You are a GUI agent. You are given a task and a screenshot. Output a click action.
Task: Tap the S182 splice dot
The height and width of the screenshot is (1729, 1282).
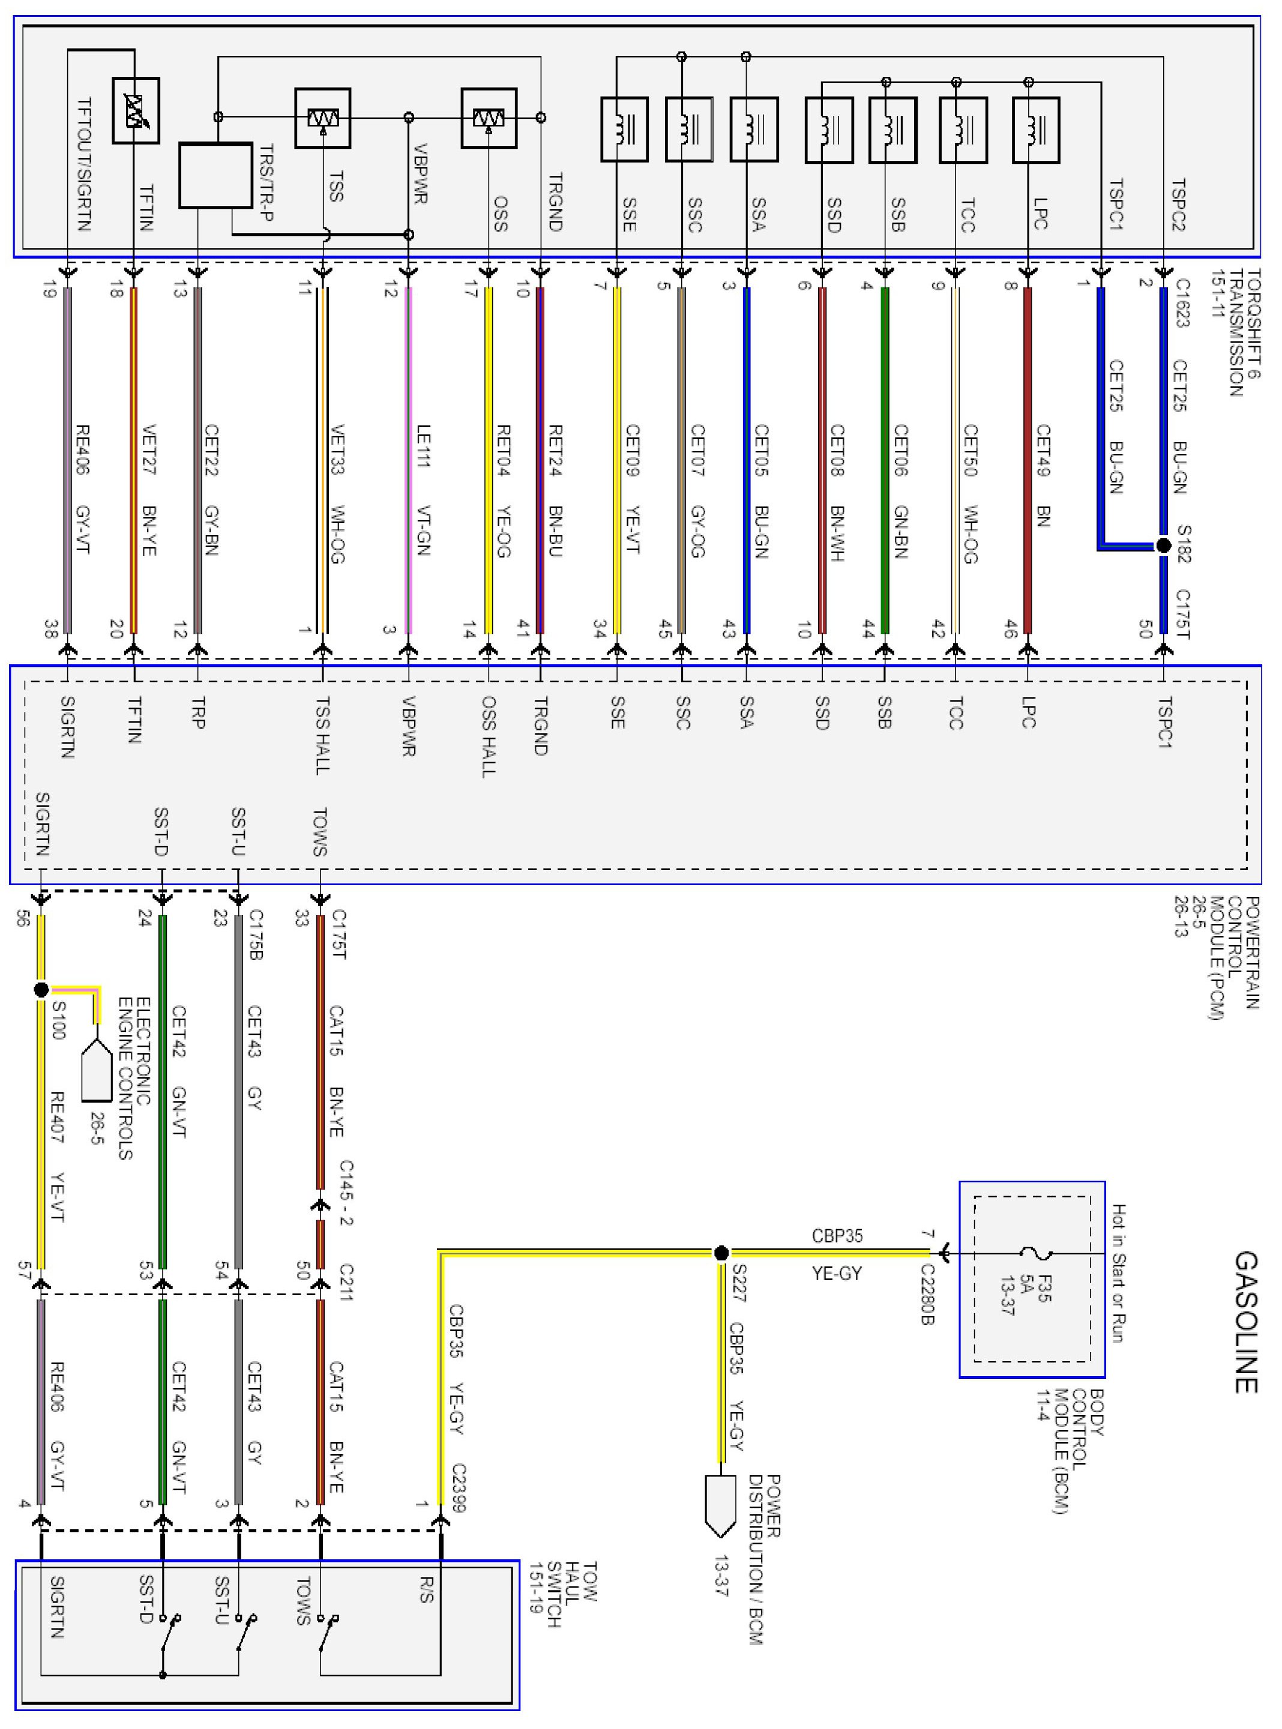click(x=1163, y=546)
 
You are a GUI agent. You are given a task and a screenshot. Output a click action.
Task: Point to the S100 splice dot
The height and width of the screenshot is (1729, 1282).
click(x=42, y=989)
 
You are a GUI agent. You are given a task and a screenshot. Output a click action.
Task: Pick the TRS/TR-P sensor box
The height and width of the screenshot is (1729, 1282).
click(x=215, y=175)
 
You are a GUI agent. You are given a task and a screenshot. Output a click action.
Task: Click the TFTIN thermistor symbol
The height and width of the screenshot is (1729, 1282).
click(x=136, y=110)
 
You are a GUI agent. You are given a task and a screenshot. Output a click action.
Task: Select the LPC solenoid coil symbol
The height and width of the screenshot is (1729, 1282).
click(x=1035, y=130)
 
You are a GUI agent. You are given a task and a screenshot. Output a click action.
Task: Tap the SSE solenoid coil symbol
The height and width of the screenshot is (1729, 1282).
click(x=624, y=130)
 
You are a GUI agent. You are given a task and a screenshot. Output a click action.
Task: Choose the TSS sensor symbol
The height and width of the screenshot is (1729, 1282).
click(x=322, y=118)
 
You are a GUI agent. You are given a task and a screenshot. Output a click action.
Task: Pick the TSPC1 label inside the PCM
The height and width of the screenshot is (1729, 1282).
click(x=1164, y=722)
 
